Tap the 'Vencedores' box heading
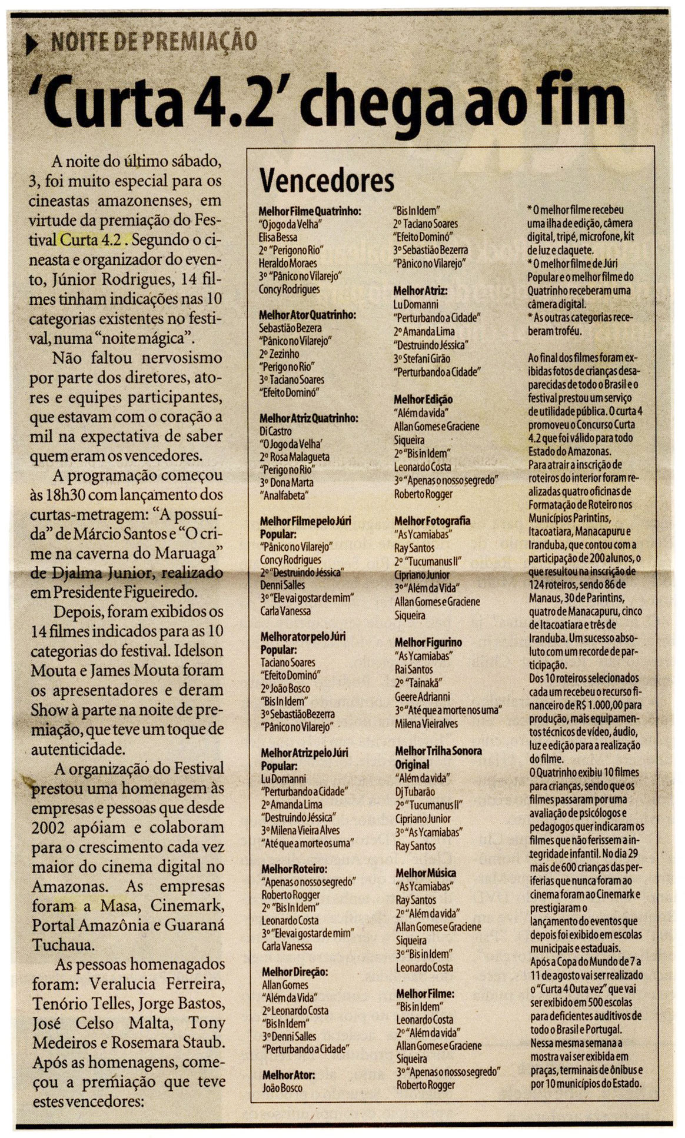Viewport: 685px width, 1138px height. tap(327, 181)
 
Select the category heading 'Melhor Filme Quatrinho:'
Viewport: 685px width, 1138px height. tap(310, 211)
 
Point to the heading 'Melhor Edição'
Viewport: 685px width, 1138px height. tap(423, 400)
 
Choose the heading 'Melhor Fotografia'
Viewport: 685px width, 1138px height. tap(432, 521)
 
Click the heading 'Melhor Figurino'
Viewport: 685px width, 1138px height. tap(428, 643)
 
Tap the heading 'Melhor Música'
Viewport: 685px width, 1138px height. tap(425, 873)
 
